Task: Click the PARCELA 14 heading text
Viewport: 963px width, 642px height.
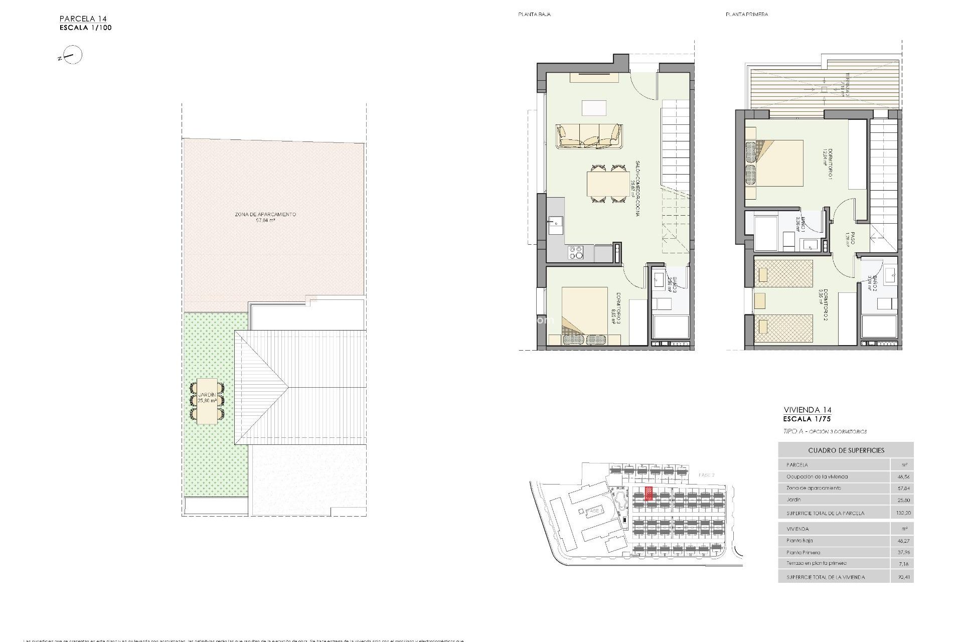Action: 83,19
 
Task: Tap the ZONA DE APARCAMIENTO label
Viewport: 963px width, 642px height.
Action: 265,214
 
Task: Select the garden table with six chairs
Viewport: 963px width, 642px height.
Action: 207,401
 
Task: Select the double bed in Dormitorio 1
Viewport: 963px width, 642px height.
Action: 774,163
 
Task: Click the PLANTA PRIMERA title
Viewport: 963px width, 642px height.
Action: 746,15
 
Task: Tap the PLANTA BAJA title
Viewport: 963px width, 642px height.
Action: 534,15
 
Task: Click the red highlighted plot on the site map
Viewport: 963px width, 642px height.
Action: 649,494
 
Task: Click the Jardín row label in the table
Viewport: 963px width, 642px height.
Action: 793,500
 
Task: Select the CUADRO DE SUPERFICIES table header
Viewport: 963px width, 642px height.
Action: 846,450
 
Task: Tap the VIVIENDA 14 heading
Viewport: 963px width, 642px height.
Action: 807,410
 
